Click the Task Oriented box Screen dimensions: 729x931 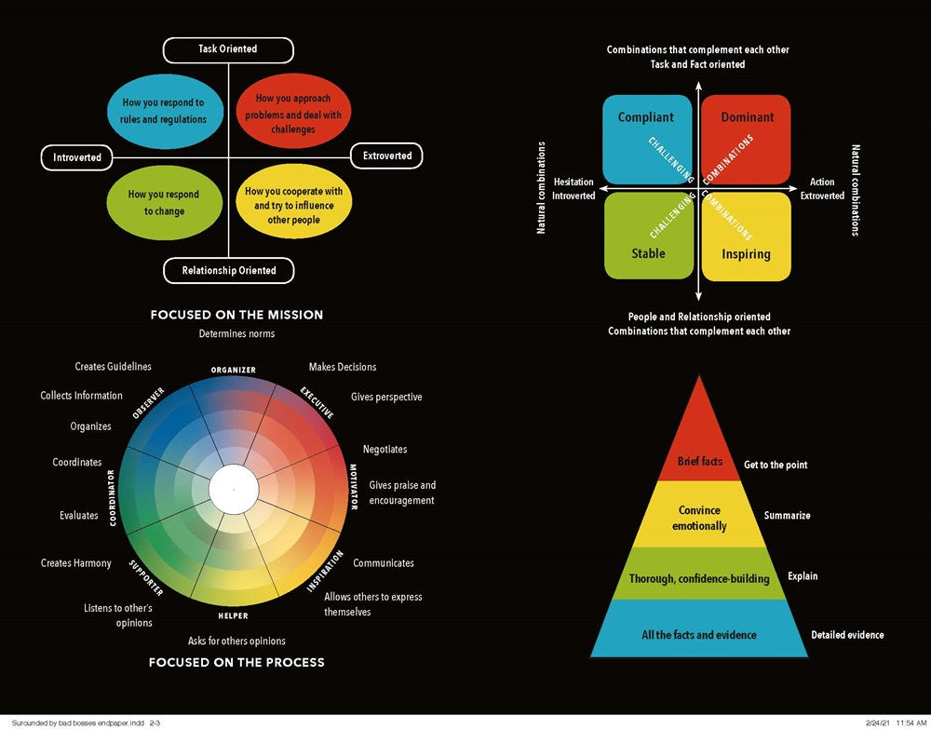228,49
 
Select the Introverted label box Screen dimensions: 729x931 77,157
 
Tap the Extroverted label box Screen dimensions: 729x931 386,155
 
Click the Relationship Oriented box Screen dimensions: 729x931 228,271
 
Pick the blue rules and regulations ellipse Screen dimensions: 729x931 162,111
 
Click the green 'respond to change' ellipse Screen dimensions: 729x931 162,203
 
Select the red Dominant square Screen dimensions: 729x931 746,138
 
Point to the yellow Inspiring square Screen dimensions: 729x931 746,236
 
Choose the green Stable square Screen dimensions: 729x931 648,236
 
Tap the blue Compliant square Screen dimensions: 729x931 646,138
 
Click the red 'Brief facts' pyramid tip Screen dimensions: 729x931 700,447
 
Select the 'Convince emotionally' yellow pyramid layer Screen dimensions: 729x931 700,518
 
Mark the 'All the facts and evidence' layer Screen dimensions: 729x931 699,634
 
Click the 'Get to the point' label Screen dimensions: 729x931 776,465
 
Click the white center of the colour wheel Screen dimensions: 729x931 233,490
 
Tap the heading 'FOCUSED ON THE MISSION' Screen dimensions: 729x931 236,315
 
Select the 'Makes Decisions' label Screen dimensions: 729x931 343,367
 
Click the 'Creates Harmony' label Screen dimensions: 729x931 76,563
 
